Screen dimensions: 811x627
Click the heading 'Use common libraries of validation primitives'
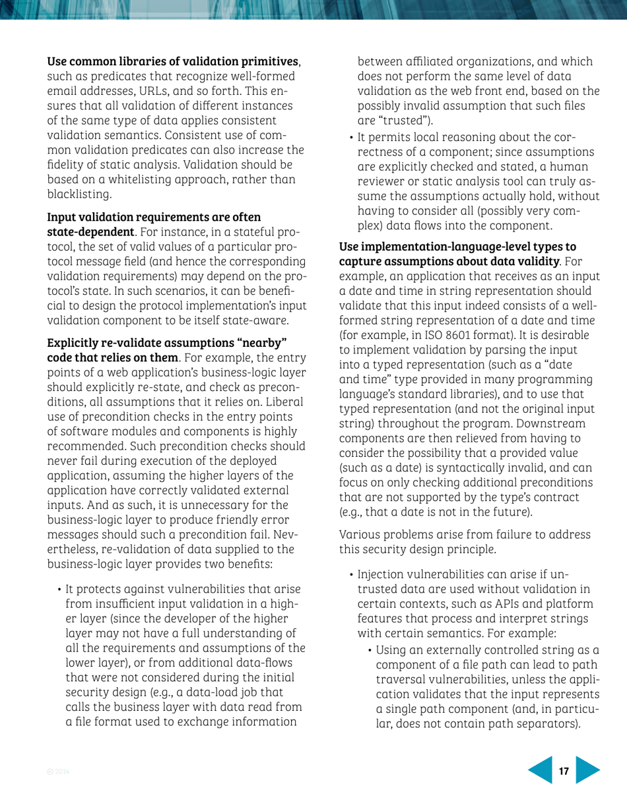coord(173,62)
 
